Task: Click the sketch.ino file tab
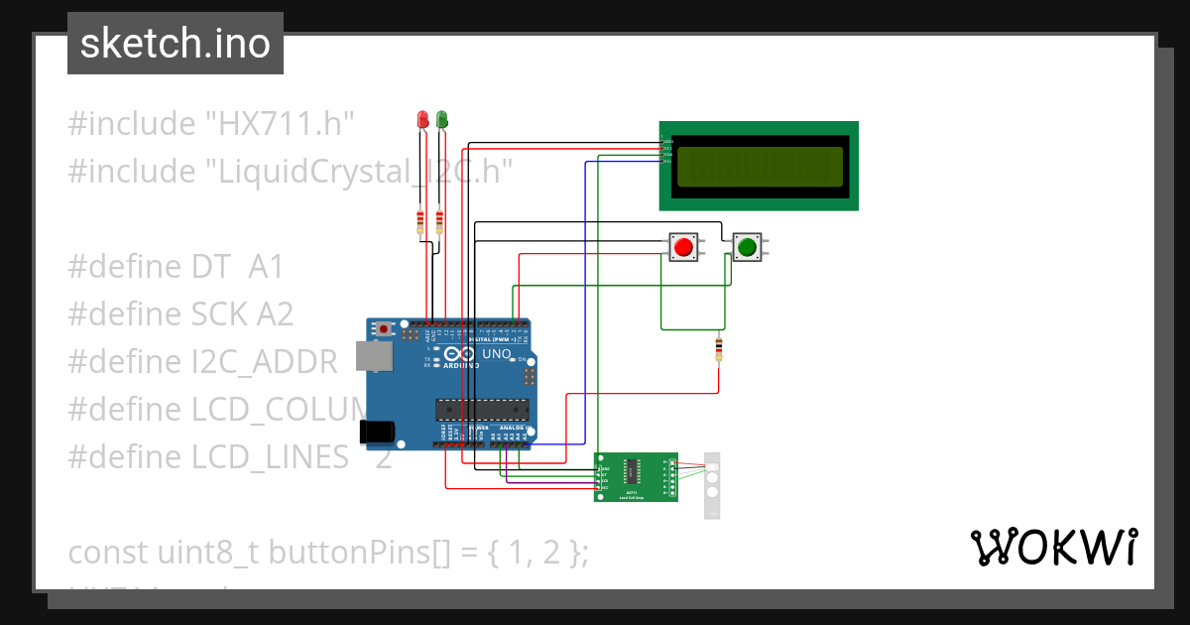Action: coord(176,44)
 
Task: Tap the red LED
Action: coord(422,120)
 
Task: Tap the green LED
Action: coord(441,120)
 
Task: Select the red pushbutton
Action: coord(681,246)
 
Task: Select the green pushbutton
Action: coord(747,246)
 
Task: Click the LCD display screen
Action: coord(759,166)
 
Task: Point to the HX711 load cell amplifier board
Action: coord(636,476)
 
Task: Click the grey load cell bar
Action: coord(711,485)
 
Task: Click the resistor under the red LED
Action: coord(422,221)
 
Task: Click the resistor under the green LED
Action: coord(439,221)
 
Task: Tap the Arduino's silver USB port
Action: coord(377,356)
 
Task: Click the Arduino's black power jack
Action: coord(378,431)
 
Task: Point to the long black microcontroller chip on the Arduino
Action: coord(481,409)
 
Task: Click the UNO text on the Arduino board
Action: coord(496,354)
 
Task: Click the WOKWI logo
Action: coord(1052,547)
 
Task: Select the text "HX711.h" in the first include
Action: coord(280,124)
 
